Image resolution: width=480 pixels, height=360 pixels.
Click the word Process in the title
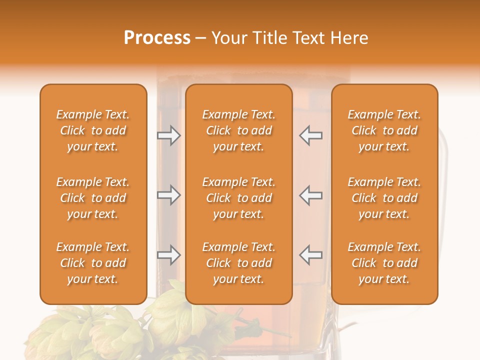(x=157, y=38)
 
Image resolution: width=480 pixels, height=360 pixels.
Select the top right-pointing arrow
(x=169, y=135)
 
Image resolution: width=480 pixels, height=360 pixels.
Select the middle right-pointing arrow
(x=169, y=195)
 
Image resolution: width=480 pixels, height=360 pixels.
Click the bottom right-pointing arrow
(x=169, y=255)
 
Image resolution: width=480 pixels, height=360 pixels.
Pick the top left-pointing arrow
(x=311, y=135)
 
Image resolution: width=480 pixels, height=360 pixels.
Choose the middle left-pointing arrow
(x=311, y=195)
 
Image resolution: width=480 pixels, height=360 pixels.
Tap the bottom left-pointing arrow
(x=311, y=255)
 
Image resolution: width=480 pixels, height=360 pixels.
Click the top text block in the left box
(x=93, y=130)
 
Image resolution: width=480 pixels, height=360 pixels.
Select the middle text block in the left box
(x=93, y=198)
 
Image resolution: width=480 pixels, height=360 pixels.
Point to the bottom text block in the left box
(x=93, y=263)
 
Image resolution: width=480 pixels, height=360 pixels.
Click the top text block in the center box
(x=238, y=130)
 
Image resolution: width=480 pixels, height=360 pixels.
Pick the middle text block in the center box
(x=238, y=198)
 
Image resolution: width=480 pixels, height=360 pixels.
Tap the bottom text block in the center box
(x=238, y=263)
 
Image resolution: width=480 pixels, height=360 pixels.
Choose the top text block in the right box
(x=384, y=130)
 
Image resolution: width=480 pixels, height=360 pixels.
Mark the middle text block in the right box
(x=384, y=198)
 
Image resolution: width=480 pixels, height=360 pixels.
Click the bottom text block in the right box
(x=384, y=263)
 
